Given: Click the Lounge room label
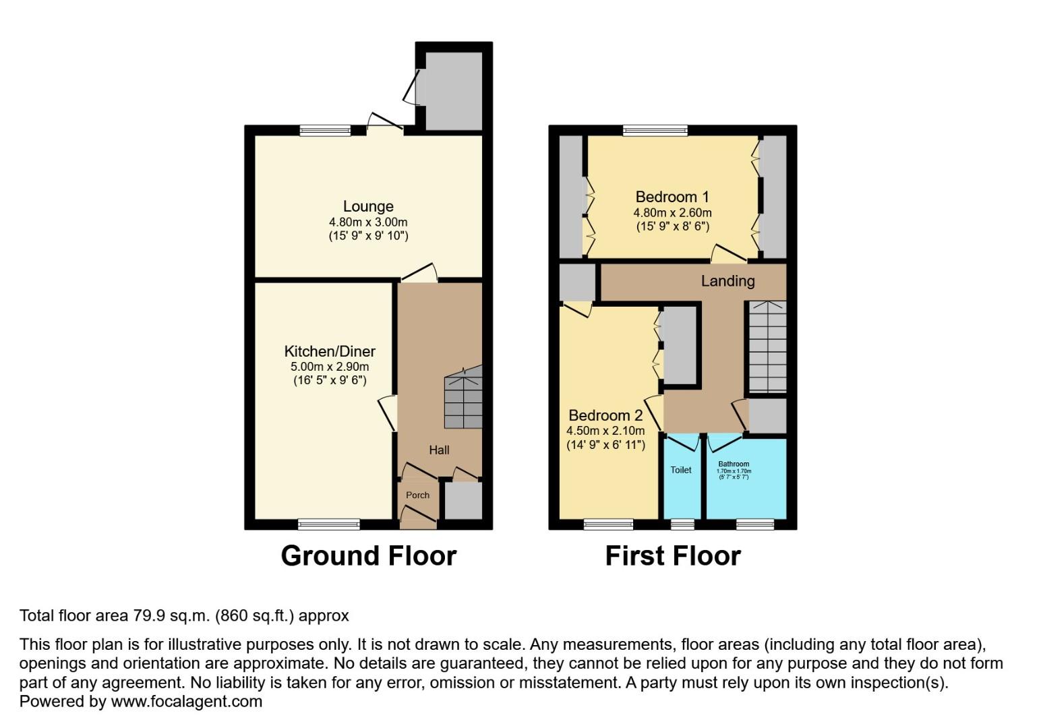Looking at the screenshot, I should (x=368, y=206).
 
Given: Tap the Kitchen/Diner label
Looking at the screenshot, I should (x=330, y=351).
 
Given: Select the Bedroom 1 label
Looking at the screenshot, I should (x=672, y=197).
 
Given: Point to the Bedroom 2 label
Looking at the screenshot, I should (x=605, y=415).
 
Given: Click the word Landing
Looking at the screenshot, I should (x=727, y=281).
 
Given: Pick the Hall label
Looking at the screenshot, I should (x=439, y=450).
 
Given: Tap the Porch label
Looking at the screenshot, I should (x=417, y=495).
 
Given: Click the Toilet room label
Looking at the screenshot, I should (x=681, y=470).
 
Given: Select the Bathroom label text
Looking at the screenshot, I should (x=734, y=464).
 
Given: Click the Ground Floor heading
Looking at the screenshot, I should (x=369, y=556).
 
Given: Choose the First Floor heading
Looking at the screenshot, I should (x=673, y=556).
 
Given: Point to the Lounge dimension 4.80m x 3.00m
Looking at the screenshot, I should (x=368, y=222).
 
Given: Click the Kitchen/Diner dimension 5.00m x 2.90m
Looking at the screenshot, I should (x=330, y=367).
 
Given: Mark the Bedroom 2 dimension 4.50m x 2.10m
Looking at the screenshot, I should (x=605, y=431).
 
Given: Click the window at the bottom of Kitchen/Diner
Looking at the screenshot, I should (x=329, y=524).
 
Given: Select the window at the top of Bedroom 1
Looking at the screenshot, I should (x=655, y=130).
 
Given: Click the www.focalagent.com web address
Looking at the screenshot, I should (x=186, y=702).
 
